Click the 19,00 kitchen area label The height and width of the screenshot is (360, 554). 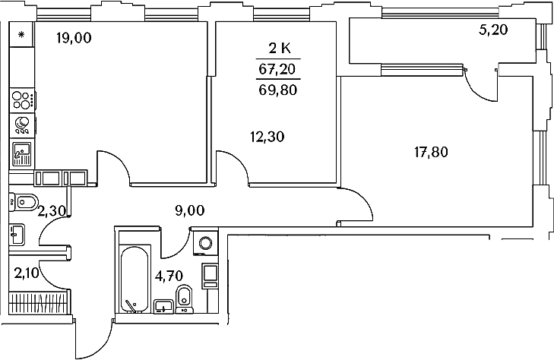pos(74,37)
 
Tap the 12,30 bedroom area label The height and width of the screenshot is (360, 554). pos(267,136)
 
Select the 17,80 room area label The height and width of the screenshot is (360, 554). pos(431,152)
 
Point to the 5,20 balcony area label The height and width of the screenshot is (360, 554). pos(493,30)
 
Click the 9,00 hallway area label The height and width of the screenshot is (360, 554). pos(190,210)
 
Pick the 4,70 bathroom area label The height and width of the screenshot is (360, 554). pos(169,276)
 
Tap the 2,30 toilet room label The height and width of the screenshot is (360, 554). pos(52,211)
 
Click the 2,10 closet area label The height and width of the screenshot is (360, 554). pos(27,273)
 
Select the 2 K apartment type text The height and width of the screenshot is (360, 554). pos(280,49)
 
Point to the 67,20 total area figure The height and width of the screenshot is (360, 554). pos(277,69)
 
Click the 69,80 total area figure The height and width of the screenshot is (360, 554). pos(277,90)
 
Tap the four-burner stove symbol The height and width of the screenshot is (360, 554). pos(22,100)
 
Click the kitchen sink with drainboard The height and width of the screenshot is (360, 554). pos(22,154)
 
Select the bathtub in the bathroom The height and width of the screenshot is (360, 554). pos(135,279)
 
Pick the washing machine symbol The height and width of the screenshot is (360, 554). pos(206,242)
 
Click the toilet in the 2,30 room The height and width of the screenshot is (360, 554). pos(24,202)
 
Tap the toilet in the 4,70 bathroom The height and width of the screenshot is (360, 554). pos(184,299)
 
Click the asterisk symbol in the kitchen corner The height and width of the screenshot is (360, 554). pos(21,35)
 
